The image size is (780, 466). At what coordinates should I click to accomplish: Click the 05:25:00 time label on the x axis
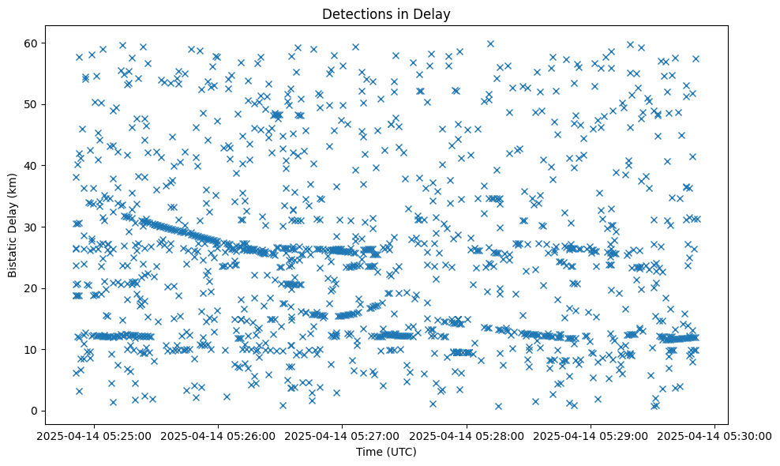point(95,436)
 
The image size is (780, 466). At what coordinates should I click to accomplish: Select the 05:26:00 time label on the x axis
point(219,436)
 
